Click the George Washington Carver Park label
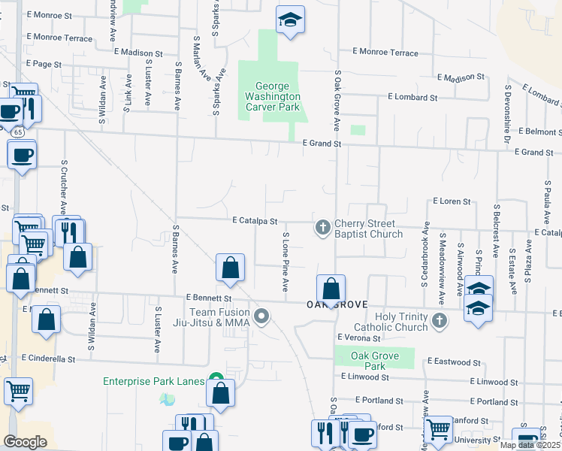coord(271,97)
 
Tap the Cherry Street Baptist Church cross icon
coord(323,226)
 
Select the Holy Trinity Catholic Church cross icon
coord(440,321)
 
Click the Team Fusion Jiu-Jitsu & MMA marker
coord(261,316)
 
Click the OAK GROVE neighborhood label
coord(336,304)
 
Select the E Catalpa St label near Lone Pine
coord(255,221)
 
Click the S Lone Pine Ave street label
coord(286,262)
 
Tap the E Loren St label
coord(451,201)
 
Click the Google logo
coord(25,442)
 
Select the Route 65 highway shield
coord(17,132)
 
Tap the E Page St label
coord(44,65)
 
